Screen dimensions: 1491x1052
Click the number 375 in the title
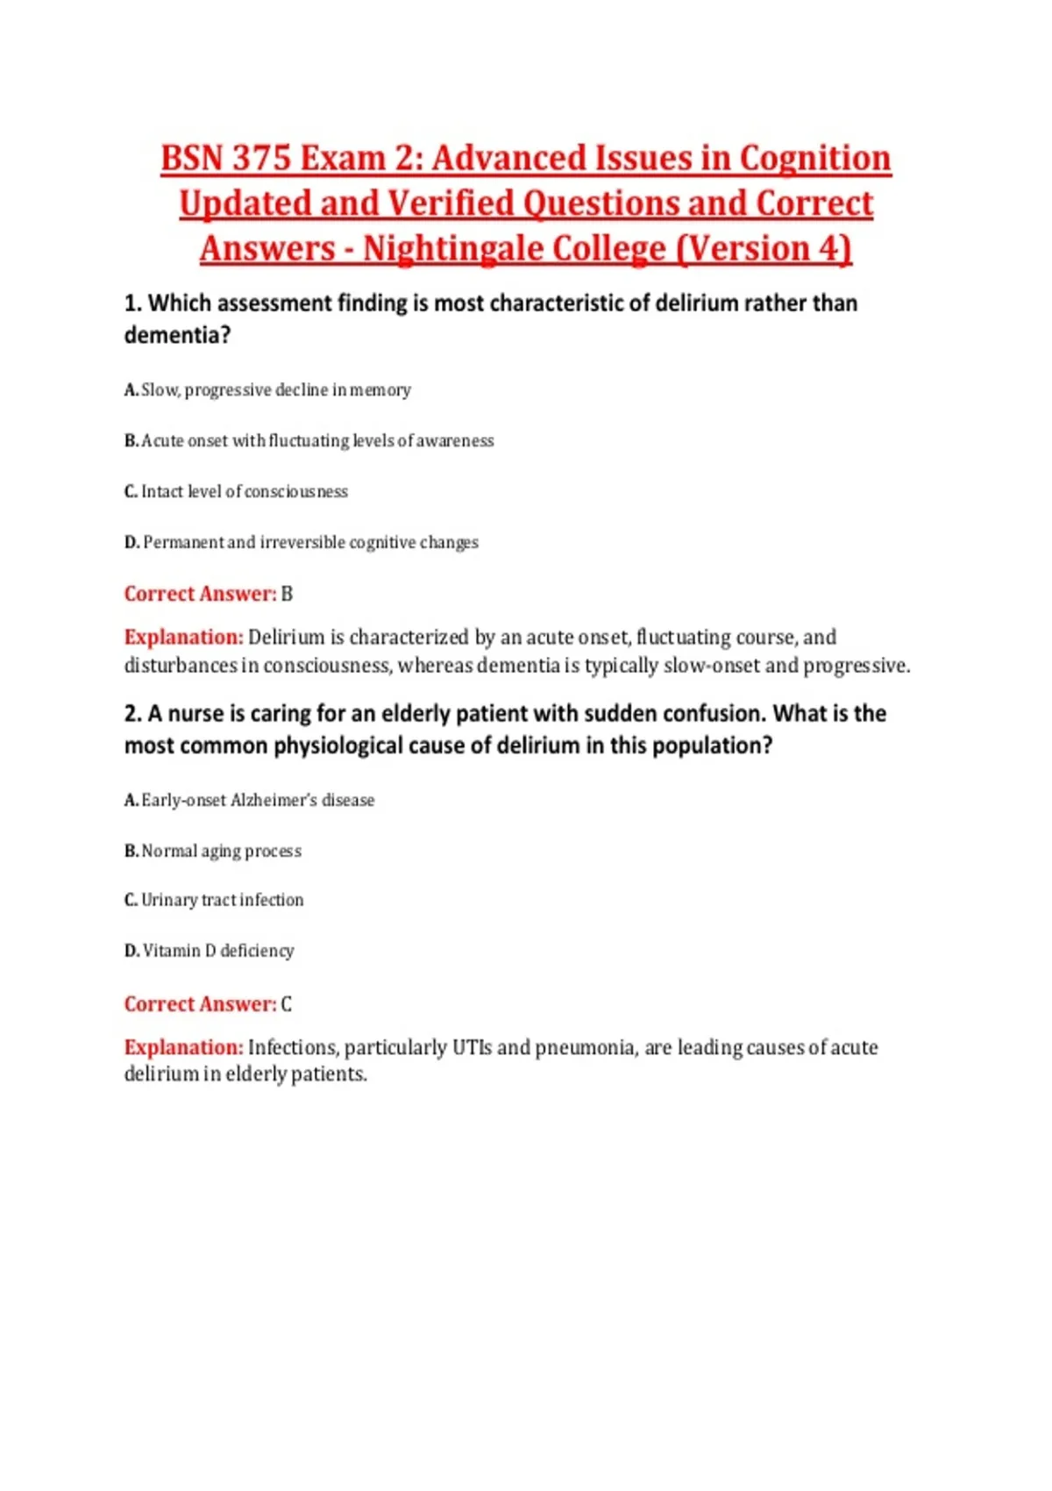point(261,159)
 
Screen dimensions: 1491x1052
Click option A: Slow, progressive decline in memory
point(267,390)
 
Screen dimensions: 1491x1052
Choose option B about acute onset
point(309,441)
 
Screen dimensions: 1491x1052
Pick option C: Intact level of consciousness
point(236,492)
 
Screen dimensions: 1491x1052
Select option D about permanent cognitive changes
point(302,543)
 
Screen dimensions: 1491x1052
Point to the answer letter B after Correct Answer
point(287,595)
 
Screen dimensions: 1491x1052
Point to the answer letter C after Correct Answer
point(287,1005)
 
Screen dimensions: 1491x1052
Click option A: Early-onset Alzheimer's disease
point(249,801)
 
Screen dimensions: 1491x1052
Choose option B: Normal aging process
point(213,852)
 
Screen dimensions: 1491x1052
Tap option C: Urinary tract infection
point(214,901)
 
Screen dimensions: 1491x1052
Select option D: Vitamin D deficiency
point(210,952)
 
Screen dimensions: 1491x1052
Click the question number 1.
point(131,303)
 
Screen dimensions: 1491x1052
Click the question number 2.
point(131,714)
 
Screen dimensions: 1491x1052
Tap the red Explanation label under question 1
point(183,638)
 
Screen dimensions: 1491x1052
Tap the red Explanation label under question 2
point(183,1048)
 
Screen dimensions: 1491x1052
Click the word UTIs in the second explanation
point(472,1048)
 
